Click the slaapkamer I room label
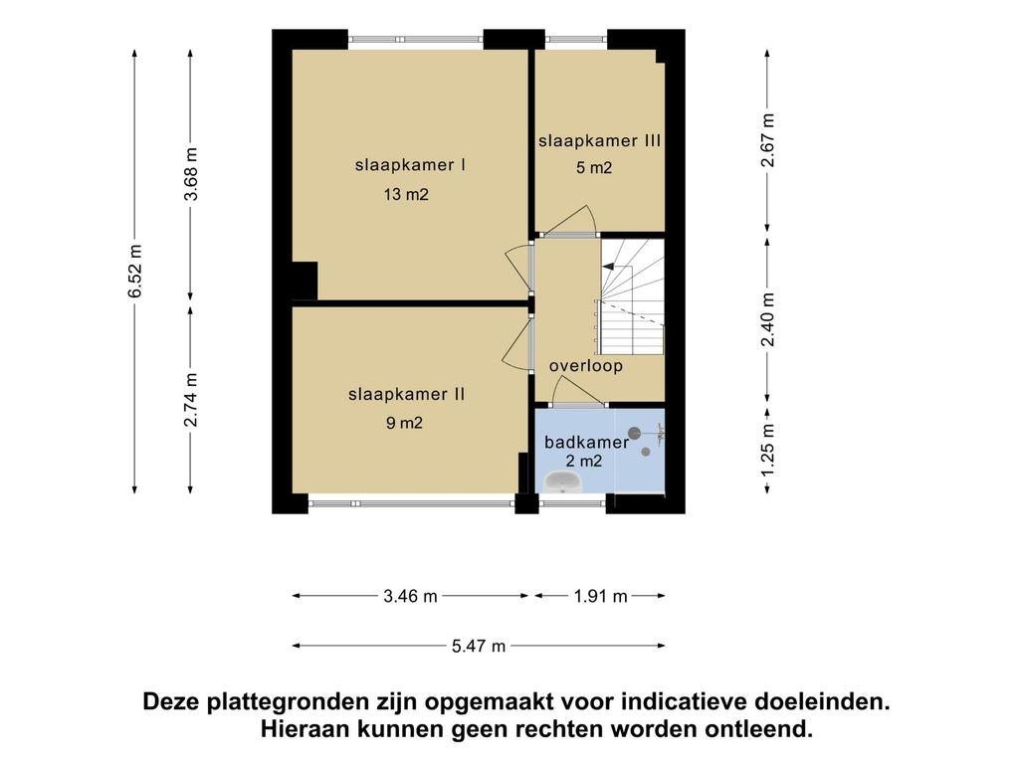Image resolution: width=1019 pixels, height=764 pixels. pyautogui.click(x=410, y=165)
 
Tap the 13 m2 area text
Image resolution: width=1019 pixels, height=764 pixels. pyautogui.click(x=406, y=194)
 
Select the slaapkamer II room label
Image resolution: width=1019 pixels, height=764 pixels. pyautogui.click(x=407, y=394)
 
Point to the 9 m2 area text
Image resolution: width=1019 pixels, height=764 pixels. pyautogui.click(x=404, y=424)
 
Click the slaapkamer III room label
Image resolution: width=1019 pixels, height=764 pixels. pyautogui.click(x=599, y=141)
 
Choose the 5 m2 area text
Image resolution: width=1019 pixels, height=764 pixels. pyautogui.click(x=594, y=168)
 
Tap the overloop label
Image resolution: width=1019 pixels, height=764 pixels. pyautogui.click(x=586, y=366)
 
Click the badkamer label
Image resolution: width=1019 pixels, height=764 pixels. pyautogui.click(x=587, y=443)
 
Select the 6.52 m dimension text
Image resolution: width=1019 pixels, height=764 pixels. pyautogui.click(x=134, y=271)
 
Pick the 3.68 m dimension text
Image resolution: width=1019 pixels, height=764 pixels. pyautogui.click(x=190, y=174)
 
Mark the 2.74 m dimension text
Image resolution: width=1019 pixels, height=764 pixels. pyautogui.click(x=190, y=400)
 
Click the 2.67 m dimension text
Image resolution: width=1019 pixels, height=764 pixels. pyautogui.click(x=768, y=140)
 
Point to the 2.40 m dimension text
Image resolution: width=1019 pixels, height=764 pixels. pyautogui.click(x=768, y=319)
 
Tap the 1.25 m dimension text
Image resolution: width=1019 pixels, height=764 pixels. pyautogui.click(x=768, y=449)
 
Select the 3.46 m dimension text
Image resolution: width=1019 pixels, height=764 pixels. pyautogui.click(x=410, y=596)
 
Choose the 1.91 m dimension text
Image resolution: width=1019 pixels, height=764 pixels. pyautogui.click(x=600, y=596)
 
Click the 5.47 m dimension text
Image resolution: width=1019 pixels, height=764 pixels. pyautogui.click(x=479, y=646)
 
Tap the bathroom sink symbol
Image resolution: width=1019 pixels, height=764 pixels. pyautogui.click(x=563, y=482)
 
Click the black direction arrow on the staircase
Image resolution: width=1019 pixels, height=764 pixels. pyautogui.click(x=608, y=266)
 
